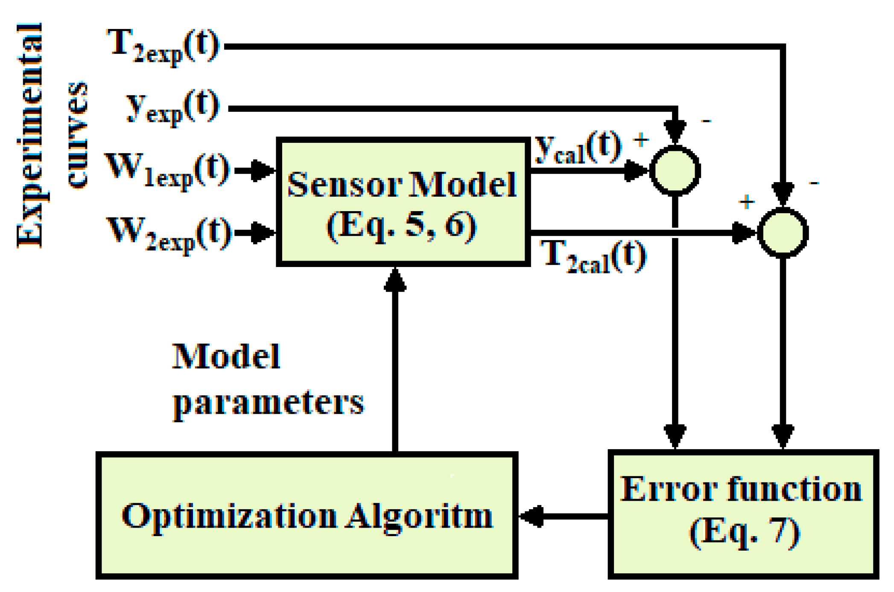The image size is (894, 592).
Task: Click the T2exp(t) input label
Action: (x=164, y=46)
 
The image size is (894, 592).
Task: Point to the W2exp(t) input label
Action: (x=169, y=233)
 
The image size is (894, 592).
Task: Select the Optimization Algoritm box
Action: (x=307, y=515)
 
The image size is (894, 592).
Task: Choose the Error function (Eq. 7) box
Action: (x=743, y=514)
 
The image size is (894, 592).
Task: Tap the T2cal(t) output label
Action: (x=594, y=256)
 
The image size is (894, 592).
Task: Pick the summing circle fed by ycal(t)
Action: (x=675, y=171)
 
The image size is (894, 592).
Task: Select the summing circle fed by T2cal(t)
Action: (x=783, y=233)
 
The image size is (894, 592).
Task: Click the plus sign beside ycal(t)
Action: (x=641, y=140)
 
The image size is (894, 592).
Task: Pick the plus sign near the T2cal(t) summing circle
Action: (x=747, y=202)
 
